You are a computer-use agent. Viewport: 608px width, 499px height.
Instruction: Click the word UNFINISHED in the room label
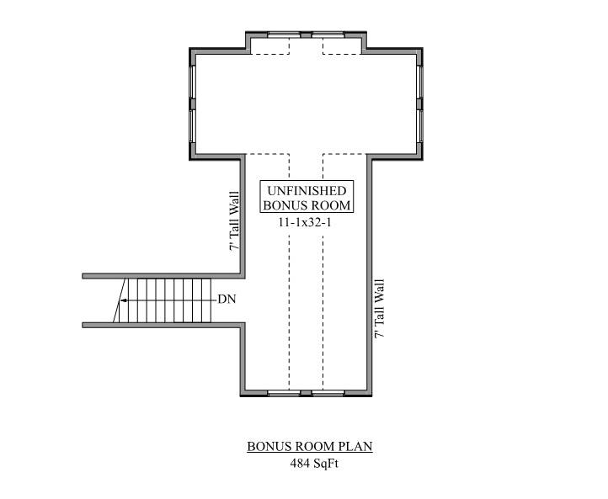click(x=307, y=191)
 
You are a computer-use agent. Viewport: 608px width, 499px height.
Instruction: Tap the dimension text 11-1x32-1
click(x=307, y=223)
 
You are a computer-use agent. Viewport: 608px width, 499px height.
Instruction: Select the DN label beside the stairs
click(x=227, y=299)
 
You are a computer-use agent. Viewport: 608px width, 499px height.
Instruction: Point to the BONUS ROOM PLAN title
click(x=309, y=446)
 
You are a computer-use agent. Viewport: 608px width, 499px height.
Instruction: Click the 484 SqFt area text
click(x=309, y=464)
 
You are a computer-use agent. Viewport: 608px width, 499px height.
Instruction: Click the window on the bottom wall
click(x=306, y=393)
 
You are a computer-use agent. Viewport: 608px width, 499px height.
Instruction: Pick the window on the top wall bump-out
click(x=306, y=35)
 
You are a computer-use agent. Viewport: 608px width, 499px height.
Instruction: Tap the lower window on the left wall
click(x=193, y=126)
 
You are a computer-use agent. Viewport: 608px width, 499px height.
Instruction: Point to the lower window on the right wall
click(x=419, y=126)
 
